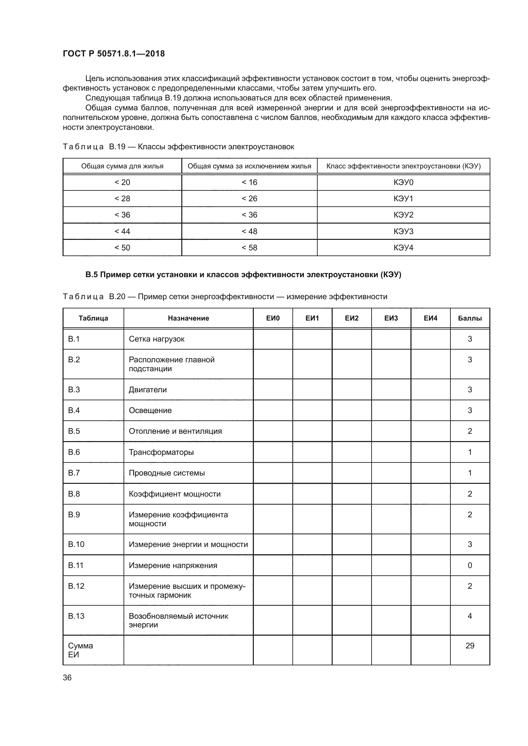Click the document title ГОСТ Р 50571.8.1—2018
pyautogui.click(x=113, y=54)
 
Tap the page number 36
pyautogui.click(x=67, y=677)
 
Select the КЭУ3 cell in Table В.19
pyautogui.click(x=403, y=231)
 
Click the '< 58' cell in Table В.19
pyautogui.click(x=249, y=247)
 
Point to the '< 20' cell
pyautogui.click(x=122, y=182)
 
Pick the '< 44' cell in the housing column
pyautogui.click(x=122, y=231)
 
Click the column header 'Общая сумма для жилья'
pyautogui.click(x=122, y=166)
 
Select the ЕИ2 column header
pyautogui.click(x=351, y=318)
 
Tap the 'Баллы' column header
pyautogui.click(x=470, y=318)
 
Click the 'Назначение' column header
pyautogui.click(x=188, y=318)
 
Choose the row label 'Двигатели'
pyautogui.click(x=147, y=389)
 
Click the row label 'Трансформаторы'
pyautogui.click(x=161, y=452)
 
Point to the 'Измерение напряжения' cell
pyautogui.click(x=173, y=565)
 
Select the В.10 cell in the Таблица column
pyautogui.click(x=76, y=544)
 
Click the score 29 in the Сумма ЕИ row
pyautogui.click(x=470, y=646)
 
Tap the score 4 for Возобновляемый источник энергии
pyautogui.click(x=470, y=616)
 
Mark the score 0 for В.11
pyautogui.click(x=470, y=565)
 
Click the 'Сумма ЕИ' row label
pyautogui.click(x=80, y=650)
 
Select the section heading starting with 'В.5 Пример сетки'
pyautogui.click(x=243, y=275)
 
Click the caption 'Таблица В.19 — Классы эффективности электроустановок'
pyautogui.click(x=178, y=147)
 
